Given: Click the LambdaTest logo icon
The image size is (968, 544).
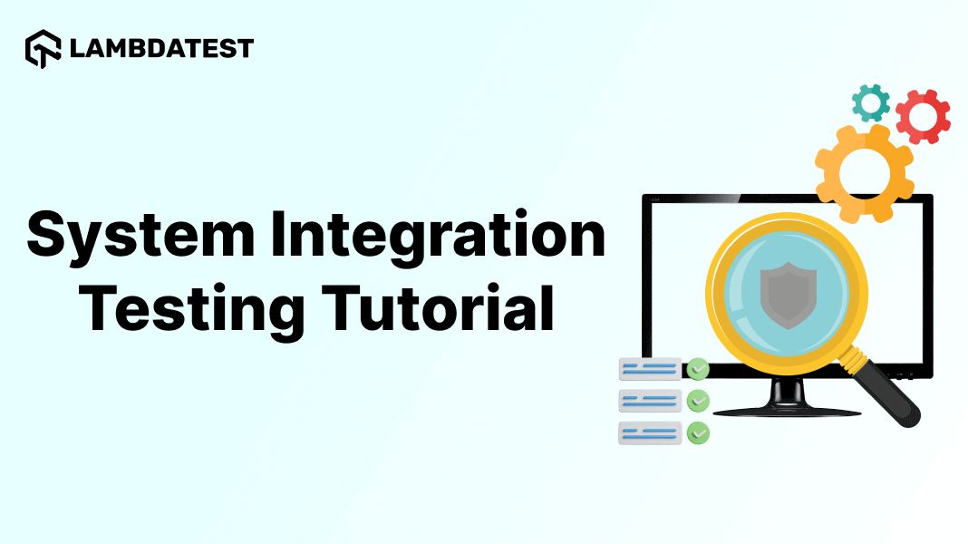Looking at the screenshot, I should tap(43, 48).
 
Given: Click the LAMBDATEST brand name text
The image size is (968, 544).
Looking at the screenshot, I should tap(161, 48).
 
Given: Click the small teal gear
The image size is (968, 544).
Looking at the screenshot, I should tap(871, 103).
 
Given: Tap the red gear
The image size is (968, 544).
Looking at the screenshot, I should tap(923, 117).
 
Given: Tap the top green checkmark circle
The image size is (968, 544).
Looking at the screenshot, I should tap(697, 369).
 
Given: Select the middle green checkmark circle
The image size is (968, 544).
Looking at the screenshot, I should tap(697, 401).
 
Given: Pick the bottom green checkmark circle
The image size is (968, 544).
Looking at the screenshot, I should tap(697, 433).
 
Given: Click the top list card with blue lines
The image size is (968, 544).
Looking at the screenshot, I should tap(649, 369).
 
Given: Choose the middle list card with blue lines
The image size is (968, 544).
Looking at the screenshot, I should tap(649, 401).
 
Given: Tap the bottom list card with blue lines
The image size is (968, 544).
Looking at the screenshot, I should tap(649, 433).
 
